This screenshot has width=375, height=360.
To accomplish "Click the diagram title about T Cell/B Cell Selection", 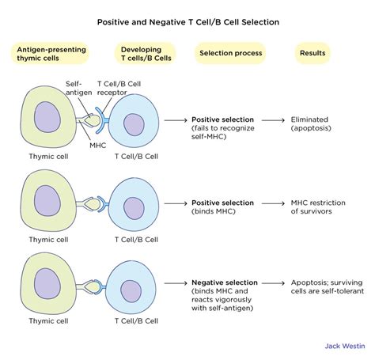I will coord(187,25).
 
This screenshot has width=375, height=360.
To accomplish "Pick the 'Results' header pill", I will coord(311,54).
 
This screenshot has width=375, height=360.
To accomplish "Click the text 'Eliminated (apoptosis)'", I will coord(312,123).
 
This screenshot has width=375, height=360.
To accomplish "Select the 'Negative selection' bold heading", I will coord(223,282).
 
